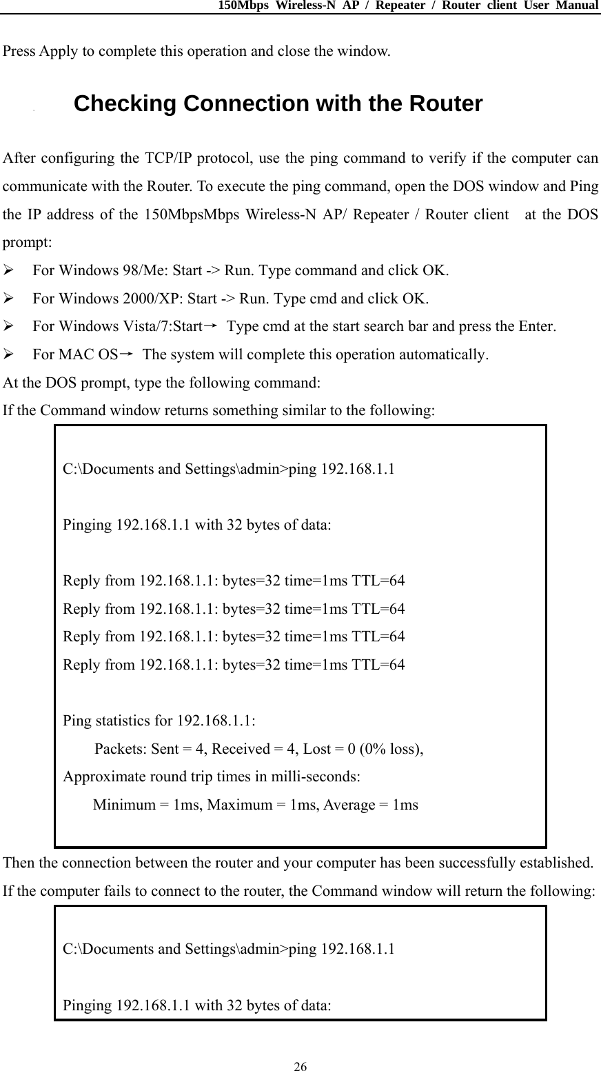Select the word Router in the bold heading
click(x=446, y=104)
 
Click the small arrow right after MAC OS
click(x=128, y=354)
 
